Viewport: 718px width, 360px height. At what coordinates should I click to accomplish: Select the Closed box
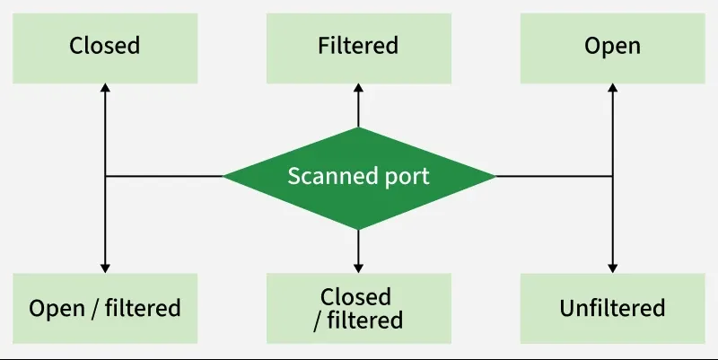coord(105,45)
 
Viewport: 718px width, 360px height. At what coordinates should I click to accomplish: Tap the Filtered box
coord(358,45)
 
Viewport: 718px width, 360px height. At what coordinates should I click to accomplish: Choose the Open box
coord(612,45)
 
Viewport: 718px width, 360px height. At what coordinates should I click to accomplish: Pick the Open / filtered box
coord(105,308)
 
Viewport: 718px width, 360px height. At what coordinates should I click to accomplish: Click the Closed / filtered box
coord(358,308)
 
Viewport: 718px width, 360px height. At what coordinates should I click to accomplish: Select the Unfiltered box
coord(612,308)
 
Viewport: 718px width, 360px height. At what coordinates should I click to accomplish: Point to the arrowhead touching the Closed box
coord(105,86)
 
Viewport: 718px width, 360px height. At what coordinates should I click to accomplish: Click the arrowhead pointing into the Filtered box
coord(358,86)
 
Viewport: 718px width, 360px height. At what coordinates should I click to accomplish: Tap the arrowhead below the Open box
coord(612,86)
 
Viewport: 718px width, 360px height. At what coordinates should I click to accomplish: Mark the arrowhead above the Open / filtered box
coord(105,267)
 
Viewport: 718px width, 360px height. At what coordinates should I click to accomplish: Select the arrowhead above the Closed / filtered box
coord(358,267)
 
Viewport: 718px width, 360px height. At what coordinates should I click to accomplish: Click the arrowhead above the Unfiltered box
coord(612,267)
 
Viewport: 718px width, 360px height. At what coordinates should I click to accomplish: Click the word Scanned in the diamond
coord(325,176)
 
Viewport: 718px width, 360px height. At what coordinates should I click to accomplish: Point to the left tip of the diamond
coord(225,176)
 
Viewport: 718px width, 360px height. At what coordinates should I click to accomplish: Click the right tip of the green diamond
coord(493,176)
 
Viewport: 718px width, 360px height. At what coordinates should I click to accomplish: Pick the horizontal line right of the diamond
coord(553,176)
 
